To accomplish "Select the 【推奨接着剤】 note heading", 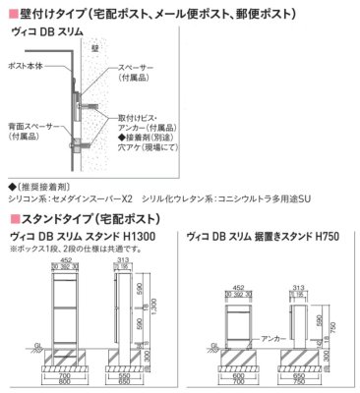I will point(38,184).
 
